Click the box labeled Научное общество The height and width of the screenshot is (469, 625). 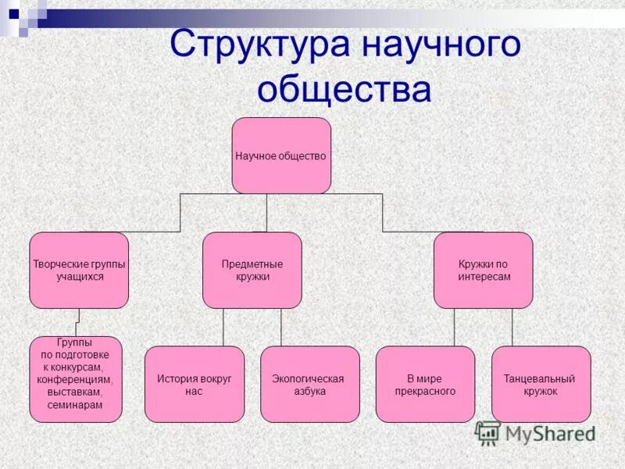point(281,156)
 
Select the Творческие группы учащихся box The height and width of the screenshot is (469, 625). point(79,270)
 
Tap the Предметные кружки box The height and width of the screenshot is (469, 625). point(252,270)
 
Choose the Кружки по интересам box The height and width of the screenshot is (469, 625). point(484,270)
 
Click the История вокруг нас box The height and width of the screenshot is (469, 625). point(195,384)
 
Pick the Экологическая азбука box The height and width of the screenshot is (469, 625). point(309,384)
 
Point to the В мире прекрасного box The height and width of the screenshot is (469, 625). point(425,384)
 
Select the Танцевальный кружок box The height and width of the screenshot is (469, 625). point(541,384)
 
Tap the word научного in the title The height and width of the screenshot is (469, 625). point(441,45)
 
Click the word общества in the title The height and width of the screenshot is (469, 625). point(344,90)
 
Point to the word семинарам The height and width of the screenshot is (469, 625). point(75,405)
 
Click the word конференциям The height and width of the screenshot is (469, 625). point(75,379)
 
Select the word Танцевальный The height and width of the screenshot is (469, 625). point(540,379)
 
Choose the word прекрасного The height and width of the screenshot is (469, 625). point(425,392)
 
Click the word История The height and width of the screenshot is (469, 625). point(176,379)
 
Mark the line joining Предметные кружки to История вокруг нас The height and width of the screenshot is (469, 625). point(223,327)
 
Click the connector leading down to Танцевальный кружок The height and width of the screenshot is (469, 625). point(512,327)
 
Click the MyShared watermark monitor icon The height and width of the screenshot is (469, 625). point(487,432)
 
